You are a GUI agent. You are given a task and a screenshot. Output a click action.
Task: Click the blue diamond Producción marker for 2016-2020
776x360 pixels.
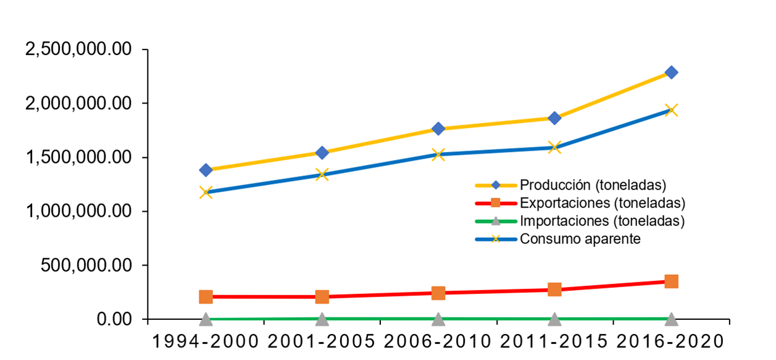[x=671, y=72]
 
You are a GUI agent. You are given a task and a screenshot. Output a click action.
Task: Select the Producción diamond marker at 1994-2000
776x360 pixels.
[x=206, y=170]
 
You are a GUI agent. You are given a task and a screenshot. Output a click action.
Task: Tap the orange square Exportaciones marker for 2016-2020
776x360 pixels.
[x=671, y=282]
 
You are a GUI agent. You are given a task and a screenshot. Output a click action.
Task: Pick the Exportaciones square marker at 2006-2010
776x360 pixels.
[x=438, y=293]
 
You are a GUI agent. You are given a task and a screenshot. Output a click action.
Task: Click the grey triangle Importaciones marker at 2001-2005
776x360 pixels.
[x=322, y=319]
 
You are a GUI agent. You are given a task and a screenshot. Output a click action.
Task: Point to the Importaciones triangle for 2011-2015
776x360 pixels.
[x=554, y=319]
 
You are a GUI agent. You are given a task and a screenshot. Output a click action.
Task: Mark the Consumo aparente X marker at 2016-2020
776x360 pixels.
[x=671, y=111]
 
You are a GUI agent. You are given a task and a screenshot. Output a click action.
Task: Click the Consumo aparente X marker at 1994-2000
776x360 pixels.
[x=206, y=192]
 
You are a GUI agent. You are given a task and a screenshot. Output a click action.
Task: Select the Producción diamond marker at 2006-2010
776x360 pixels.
[x=438, y=128]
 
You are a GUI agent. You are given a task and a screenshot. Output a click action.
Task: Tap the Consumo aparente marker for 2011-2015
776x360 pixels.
[x=554, y=147]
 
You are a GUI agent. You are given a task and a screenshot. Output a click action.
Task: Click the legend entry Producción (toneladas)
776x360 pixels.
[x=592, y=185]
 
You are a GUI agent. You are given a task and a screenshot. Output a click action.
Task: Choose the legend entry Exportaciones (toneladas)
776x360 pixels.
[x=603, y=203]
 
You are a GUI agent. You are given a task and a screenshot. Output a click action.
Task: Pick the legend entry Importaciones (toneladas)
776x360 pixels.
[x=603, y=220]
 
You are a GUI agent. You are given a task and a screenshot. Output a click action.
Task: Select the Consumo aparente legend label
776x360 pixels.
[x=580, y=239]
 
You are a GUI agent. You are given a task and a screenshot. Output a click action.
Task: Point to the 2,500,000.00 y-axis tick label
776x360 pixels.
[x=78, y=49]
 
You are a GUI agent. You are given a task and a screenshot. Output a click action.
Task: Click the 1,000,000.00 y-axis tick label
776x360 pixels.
[x=78, y=211]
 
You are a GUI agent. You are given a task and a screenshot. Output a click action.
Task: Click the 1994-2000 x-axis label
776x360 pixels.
[x=206, y=341]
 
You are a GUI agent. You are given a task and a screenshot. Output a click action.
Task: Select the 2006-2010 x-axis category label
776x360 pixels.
[x=438, y=341]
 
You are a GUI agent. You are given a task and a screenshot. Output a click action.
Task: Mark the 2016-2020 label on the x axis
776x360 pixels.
[x=671, y=341]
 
